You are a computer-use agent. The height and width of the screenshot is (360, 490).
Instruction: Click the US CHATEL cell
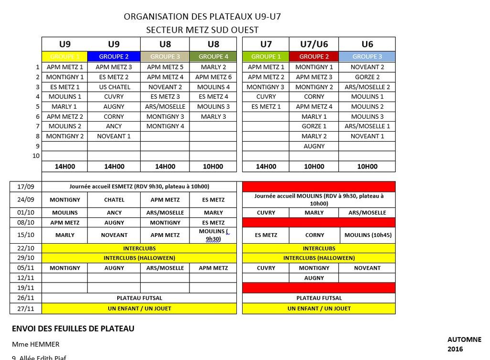click(114, 87)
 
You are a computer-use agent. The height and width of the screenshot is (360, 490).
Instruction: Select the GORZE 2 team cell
click(367, 77)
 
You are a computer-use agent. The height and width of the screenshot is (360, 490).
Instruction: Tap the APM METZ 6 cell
click(213, 77)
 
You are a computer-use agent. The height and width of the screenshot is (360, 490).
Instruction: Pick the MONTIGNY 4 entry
click(165, 126)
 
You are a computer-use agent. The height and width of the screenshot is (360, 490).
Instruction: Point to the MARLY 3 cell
click(213, 116)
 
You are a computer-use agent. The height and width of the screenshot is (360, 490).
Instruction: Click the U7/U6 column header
click(314, 45)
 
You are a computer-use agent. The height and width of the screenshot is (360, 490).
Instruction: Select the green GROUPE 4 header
click(213, 56)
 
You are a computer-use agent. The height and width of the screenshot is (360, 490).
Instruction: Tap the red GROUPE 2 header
click(314, 56)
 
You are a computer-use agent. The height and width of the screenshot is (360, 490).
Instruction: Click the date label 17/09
click(26, 187)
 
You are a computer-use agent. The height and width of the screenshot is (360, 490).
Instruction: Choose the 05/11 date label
click(26, 268)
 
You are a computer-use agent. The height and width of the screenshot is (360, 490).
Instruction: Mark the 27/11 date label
click(26, 309)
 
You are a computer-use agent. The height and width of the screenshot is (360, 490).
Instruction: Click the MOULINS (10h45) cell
click(367, 235)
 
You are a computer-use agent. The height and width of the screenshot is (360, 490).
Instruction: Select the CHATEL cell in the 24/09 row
click(114, 200)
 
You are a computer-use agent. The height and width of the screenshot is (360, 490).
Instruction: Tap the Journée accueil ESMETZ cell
click(139, 187)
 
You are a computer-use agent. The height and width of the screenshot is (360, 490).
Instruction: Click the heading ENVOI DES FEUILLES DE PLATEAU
click(73, 329)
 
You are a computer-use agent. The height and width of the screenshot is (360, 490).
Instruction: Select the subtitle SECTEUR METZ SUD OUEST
click(202, 30)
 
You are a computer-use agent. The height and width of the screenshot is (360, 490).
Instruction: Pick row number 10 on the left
click(36, 156)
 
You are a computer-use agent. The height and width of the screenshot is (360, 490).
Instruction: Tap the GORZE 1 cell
click(314, 126)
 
